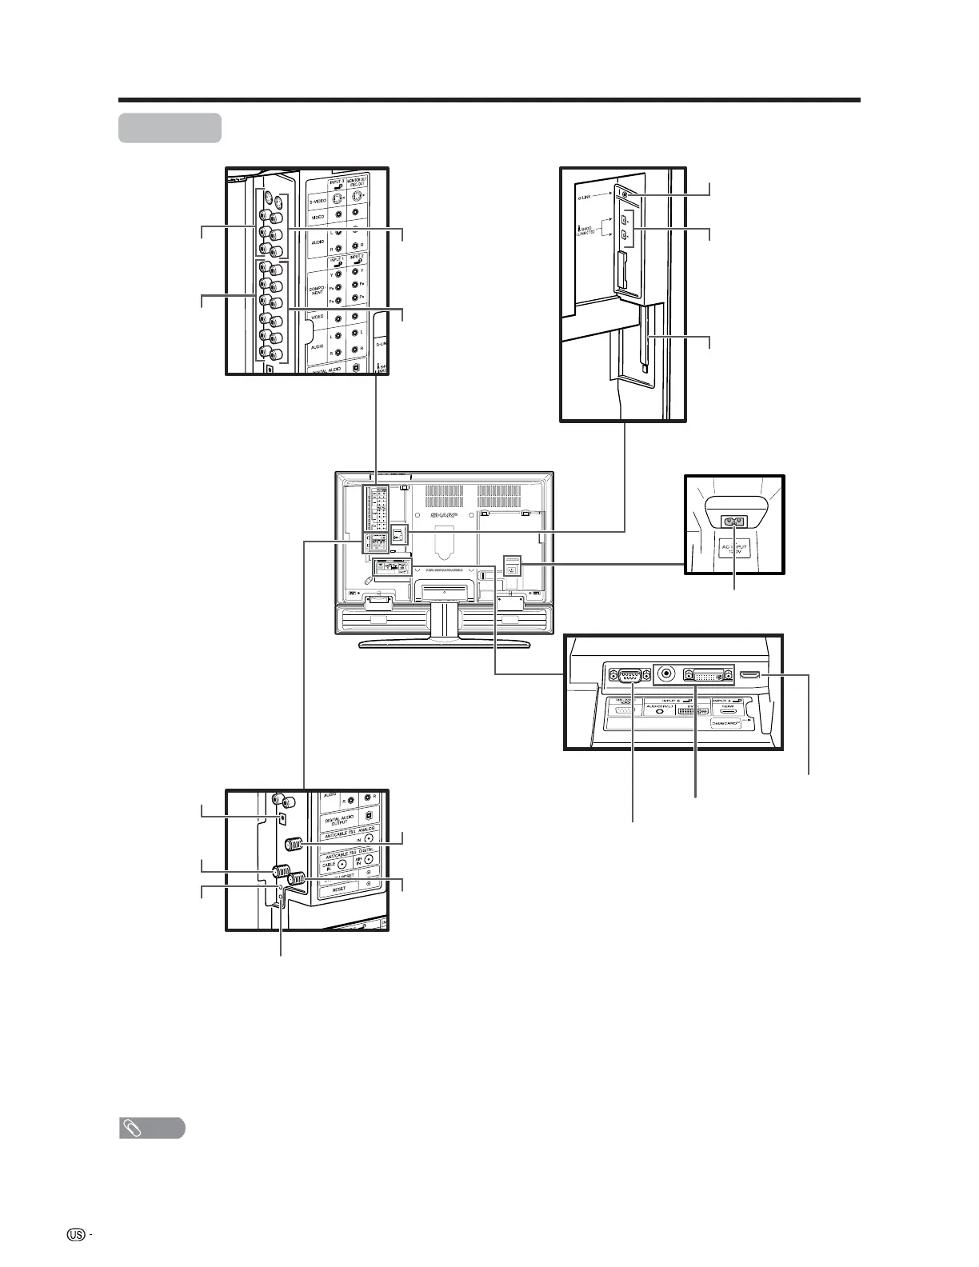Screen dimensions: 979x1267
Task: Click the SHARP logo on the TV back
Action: pos(448,516)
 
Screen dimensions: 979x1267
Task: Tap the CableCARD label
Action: pos(727,721)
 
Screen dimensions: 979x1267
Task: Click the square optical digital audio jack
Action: pos(283,819)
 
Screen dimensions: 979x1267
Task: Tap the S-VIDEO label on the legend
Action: pos(322,202)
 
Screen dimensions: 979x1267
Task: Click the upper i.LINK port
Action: pos(625,219)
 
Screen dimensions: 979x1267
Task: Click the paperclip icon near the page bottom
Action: pos(130,1129)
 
